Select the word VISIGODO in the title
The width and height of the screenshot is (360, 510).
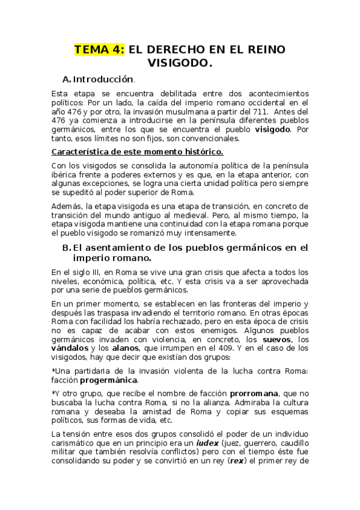pyautogui.click(x=180, y=63)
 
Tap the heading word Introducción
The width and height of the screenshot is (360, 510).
pyautogui.click(x=103, y=79)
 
